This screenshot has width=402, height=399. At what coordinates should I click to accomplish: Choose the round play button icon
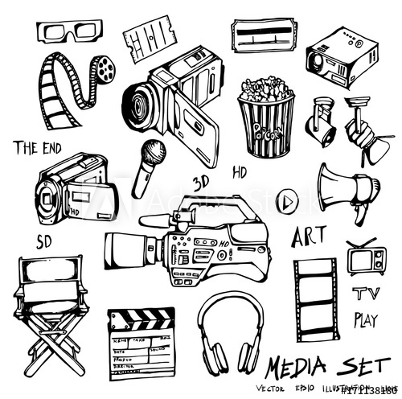(286, 200)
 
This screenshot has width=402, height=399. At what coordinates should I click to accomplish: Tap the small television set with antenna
(366, 261)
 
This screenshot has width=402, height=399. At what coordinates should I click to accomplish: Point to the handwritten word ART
(308, 238)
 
